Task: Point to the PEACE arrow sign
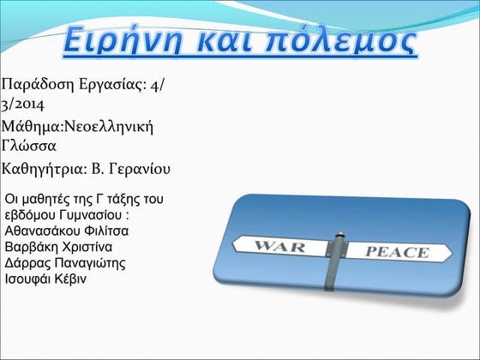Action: point(396,252)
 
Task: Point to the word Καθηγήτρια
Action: point(44,167)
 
